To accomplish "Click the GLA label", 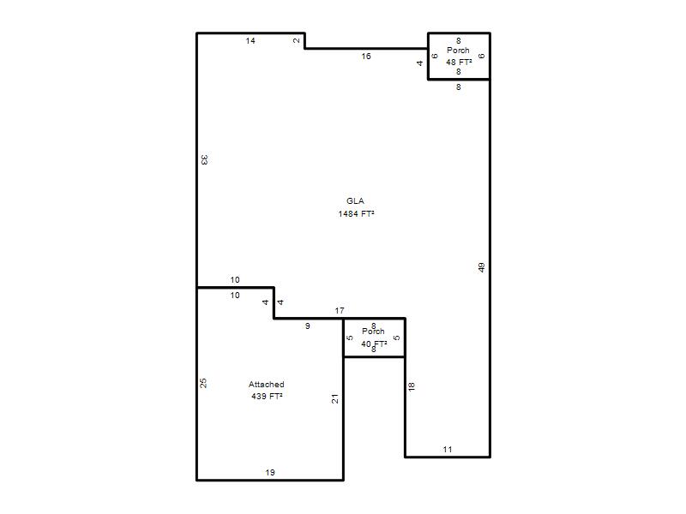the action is (x=355, y=201).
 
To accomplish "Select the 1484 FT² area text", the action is (x=356, y=213).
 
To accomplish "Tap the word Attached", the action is (x=267, y=384).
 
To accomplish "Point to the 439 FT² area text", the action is (x=267, y=397).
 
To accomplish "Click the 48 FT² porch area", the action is (x=459, y=62).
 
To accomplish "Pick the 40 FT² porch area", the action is (x=374, y=344).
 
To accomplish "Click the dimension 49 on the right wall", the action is (x=481, y=267).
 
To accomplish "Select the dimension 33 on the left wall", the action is (x=204, y=159).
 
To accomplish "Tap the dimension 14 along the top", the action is (x=250, y=40).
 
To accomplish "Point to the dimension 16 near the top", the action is (x=366, y=56).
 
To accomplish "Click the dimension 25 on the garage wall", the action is (x=203, y=383).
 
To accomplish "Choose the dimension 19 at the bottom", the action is (x=270, y=473).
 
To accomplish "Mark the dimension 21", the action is (x=334, y=398).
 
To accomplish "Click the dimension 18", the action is (x=412, y=386).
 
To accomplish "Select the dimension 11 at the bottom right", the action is (x=447, y=449).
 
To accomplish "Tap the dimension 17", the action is (x=340, y=311).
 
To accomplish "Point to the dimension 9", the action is (x=308, y=326).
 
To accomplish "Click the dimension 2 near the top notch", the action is (x=297, y=40).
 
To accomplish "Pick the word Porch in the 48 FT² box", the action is (x=458, y=51).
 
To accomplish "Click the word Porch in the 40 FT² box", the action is (x=373, y=332).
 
